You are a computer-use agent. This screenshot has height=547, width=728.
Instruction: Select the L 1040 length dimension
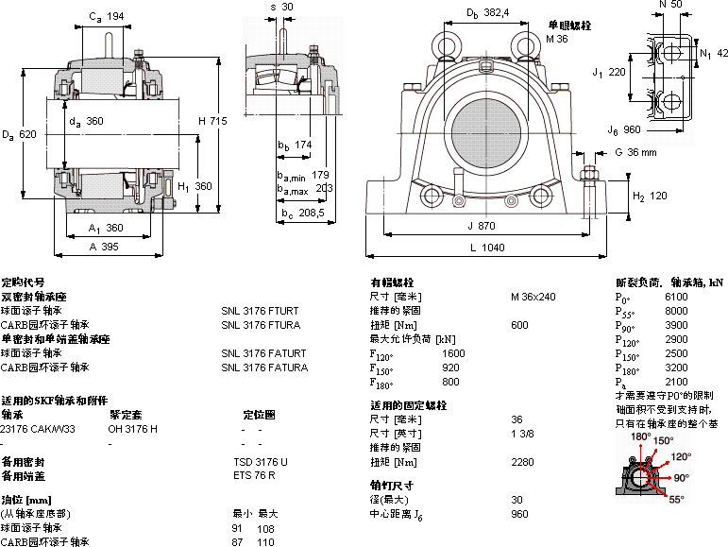(485, 248)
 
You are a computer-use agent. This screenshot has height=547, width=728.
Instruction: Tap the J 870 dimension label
(481, 226)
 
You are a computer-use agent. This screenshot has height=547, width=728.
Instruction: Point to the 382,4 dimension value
(496, 12)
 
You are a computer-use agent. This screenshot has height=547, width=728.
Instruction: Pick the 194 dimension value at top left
(115, 16)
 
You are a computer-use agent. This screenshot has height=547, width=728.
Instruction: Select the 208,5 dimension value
(311, 214)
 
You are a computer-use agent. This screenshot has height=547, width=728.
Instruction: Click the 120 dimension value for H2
(657, 196)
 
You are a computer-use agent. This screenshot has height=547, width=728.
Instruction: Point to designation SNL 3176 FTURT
(260, 310)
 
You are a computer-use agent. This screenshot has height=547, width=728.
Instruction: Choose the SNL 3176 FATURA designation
(264, 368)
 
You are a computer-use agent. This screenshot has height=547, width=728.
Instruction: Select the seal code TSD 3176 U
(260, 462)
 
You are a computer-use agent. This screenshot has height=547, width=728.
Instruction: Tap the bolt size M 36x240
(533, 297)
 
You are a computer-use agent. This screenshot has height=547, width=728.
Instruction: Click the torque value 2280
(523, 462)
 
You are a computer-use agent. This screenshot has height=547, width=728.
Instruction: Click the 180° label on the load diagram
(641, 437)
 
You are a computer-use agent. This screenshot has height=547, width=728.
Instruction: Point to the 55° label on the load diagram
(676, 499)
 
